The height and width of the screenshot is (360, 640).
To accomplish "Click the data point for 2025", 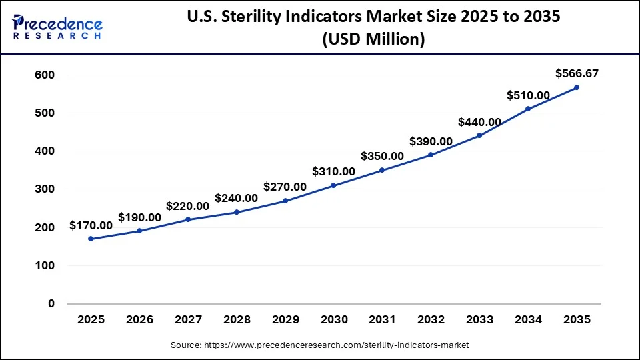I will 91,239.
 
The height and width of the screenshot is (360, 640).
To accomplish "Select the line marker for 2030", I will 333,185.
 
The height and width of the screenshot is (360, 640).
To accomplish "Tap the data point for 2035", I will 576,87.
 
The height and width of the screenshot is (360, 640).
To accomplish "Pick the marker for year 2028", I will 236,212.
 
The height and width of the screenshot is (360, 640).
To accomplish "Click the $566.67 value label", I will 576,73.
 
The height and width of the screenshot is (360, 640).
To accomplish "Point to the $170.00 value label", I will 91,226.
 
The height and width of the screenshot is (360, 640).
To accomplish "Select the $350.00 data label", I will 382,157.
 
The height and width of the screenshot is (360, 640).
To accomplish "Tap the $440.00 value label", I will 479,122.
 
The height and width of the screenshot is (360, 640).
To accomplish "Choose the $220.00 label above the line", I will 188,207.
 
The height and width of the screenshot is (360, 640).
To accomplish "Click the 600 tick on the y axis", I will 44,75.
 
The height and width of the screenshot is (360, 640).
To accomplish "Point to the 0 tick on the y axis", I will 51,304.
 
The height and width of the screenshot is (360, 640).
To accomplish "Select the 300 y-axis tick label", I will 44,189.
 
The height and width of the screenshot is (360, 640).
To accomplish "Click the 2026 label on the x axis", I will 139,320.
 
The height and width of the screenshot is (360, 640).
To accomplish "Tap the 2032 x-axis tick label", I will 431,320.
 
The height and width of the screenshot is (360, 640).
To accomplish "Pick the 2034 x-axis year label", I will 527,320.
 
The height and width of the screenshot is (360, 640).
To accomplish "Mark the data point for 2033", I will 479,136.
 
